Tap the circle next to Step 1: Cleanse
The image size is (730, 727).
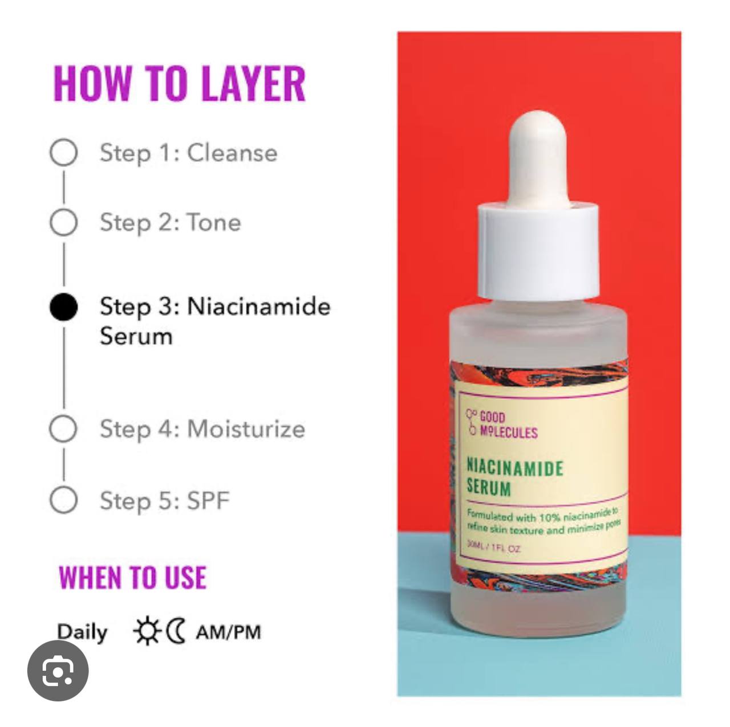pyautogui.click(x=63, y=152)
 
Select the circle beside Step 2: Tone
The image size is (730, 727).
pyautogui.click(x=63, y=222)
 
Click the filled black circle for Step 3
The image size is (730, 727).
pyautogui.click(x=63, y=307)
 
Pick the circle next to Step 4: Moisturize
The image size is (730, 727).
pyautogui.click(x=63, y=428)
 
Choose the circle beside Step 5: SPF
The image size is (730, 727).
pyautogui.click(x=63, y=500)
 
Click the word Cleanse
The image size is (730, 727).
pyautogui.click(x=232, y=153)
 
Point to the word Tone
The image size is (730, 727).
pyautogui.click(x=214, y=222)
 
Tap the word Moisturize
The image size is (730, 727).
pyautogui.click(x=246, y=428)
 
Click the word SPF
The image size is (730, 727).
pyautogui.click(x=208, y=501)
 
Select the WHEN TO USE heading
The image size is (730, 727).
pyautogui.click(x=132, y=578)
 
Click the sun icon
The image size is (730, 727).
pyautogui.click(x=147, y=631)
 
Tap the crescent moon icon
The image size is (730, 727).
pyautogui.click(x=177, y=631)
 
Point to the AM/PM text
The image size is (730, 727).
pyautogui.click(x=228, y=632)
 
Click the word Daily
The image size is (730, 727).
pyautogui.click(x=82, y=632)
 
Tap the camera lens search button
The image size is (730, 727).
pyautogui.click(x=58, y=671)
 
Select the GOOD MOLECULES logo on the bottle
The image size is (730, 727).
pyautogui.click(x=502, y=424)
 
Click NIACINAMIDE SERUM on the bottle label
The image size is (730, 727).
pyautogui.click(x=514, y=477)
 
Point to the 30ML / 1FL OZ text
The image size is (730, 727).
pyautogui.click(x=494, y=547)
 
